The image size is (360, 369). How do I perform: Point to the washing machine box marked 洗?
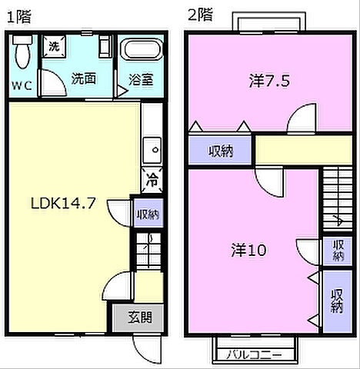click(54, 46)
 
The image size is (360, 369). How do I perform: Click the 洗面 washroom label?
click(83, 78)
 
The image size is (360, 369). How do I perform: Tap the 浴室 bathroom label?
click(141, 78)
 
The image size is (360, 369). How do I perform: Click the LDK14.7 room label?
click(63, 204)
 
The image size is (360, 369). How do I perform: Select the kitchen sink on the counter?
click(152, 147)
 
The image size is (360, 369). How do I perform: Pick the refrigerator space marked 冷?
click(152, 181)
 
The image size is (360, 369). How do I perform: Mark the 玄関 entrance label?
click(140, 316)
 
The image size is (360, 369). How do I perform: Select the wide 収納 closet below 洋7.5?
click(222, 151)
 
